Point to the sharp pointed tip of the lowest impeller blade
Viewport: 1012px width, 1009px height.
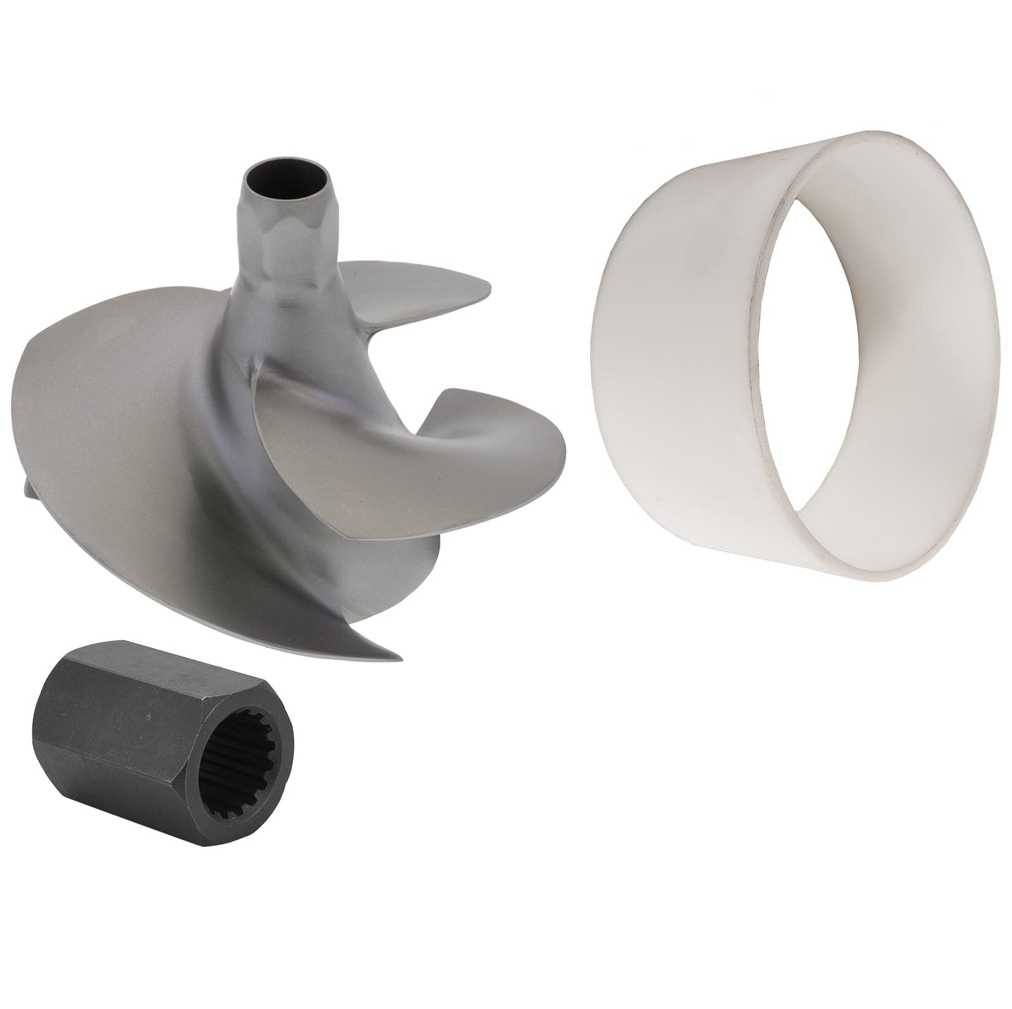tap(397, 658)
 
